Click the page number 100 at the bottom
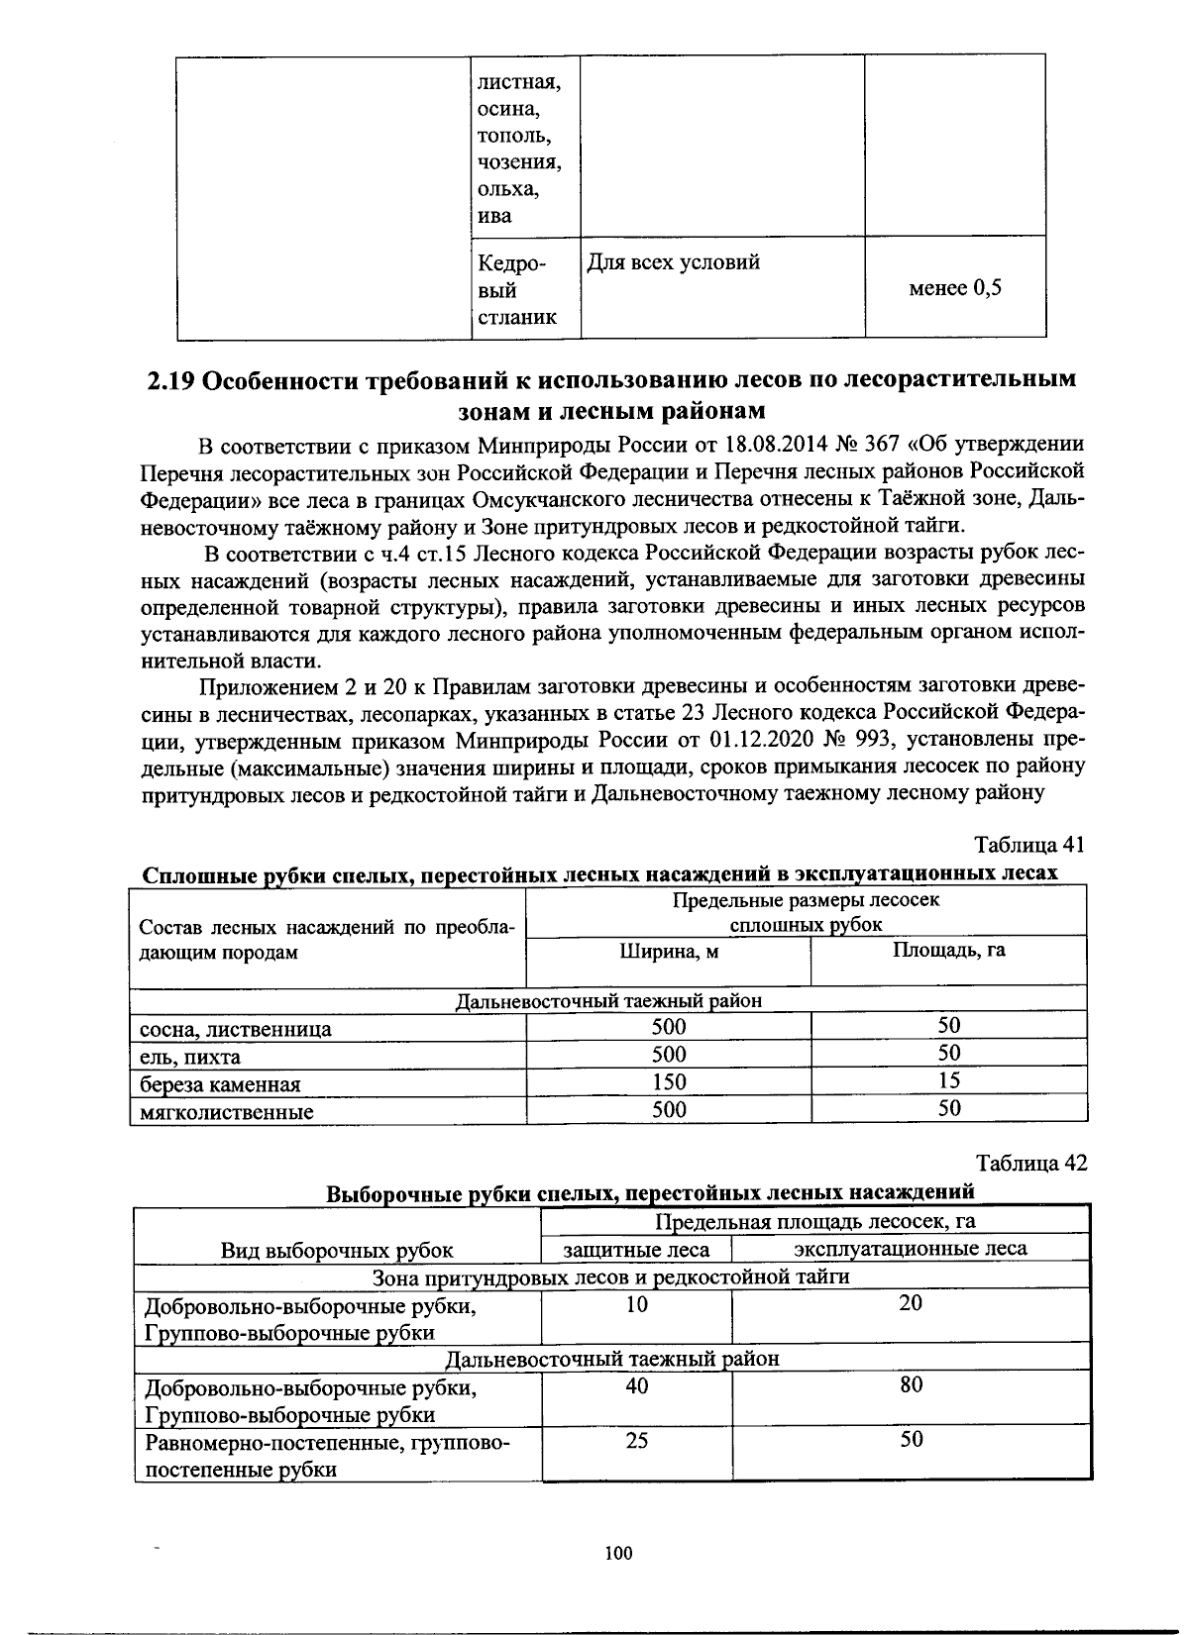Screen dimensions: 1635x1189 click(x=617, y=1553)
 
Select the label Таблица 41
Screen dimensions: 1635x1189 click(x=1030, y=845)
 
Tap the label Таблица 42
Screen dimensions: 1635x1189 click(x=1030, y=1163)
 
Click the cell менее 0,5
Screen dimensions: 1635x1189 click(x=955, y=288)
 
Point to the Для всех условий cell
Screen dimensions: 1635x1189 click(x=674, y=262)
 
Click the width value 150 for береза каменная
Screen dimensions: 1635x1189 click(x=669, y=1081)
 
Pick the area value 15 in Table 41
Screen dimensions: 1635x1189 click(x=949, y=1080)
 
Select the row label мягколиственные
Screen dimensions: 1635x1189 click(x=227, y=1111)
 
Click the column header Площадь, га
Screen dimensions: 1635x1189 click(x=948, y=950)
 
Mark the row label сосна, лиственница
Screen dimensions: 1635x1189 click(x=236, y=1029)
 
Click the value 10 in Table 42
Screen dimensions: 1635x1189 click(x=637, y=1304)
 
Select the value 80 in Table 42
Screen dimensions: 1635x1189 click(x=911, y=1384)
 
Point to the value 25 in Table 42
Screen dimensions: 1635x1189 click(x=637, y=1439)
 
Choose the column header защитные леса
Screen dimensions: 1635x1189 click(x=636, y=1249)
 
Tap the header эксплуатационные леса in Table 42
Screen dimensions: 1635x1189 click(x=911, y=1248)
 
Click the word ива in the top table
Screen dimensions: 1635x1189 click(x=494, y=216)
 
